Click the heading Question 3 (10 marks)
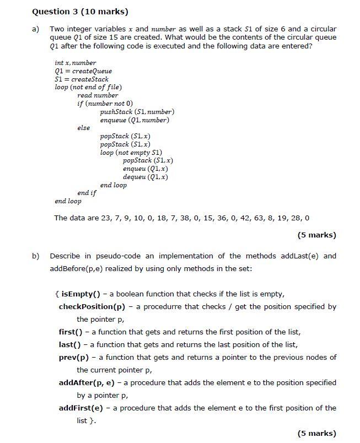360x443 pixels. [x=80, y=11]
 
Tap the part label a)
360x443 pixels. [x=36, y=29]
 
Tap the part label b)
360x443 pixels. [x=36, y=256]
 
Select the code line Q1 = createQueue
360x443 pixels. [x=83, y=71]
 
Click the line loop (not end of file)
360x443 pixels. [x=88, y=87]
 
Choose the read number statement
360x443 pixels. [x=98, y=95]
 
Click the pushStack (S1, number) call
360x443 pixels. [x=137, y=112]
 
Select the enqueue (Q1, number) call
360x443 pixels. [x=135, y=120]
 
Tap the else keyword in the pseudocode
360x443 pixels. [x=83, y=128]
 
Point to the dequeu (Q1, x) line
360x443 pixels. [x=146, y=177]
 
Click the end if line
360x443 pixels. [x=87, y=193]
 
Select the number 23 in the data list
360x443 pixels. [x=107, y=218]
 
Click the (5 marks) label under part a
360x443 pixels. [x=316, y=235]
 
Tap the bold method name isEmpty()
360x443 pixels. [x=83, y=294]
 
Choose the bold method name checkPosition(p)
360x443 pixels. [x=93, y=306]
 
